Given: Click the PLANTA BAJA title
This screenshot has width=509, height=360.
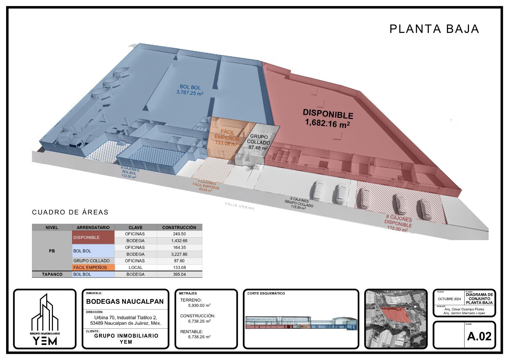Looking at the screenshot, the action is coord(434,29).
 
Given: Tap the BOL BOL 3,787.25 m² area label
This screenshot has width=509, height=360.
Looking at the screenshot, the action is coord(190,90).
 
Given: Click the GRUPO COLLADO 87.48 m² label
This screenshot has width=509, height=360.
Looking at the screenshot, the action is coord(258,142).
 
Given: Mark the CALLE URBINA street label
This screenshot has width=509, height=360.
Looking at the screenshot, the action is coord(239,206).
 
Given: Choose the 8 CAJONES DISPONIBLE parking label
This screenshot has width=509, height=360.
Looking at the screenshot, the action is coord(398,223).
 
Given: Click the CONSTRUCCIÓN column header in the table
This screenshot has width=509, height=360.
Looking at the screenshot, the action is coord(179,227).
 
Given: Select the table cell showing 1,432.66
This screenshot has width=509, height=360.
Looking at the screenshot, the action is coord(179,241).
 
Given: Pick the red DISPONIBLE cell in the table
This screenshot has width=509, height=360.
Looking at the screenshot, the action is coord(93,237).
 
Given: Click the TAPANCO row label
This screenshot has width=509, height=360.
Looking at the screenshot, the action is coord(52,274).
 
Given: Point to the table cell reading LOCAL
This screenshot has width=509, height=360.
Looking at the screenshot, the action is coord(136,268).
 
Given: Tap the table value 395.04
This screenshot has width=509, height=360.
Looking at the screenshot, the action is coord(179,274).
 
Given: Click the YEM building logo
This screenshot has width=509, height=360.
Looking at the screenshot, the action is coord(45,319).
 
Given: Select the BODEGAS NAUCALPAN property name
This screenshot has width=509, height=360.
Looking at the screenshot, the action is coord(125,301).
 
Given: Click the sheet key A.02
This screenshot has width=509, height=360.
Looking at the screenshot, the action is coord(479,336).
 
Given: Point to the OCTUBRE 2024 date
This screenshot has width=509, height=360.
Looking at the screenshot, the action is coord(449,299).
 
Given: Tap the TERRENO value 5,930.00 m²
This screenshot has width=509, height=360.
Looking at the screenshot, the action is coord(199,305).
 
